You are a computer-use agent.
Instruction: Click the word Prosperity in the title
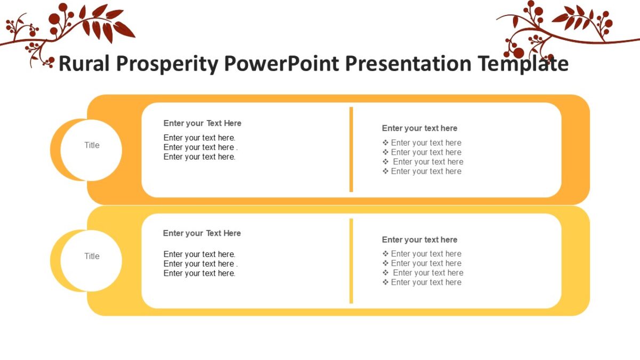(x=167, y=64)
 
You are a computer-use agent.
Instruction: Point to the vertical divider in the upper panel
(x=351, y=149)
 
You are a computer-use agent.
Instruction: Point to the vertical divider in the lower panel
(x=351, y=261)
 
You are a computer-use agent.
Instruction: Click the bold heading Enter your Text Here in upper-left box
(x=202, y=123)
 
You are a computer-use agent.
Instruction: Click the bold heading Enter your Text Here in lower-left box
(x=202, y=233)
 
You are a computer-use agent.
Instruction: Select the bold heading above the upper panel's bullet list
(x=419, y=128)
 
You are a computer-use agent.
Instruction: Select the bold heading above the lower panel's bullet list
(x=419, y=239)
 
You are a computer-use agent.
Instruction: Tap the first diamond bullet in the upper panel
(x=386, y=142)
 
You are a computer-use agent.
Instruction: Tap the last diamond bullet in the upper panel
(x=386, y=171)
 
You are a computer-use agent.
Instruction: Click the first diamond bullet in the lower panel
(x=386, y=254)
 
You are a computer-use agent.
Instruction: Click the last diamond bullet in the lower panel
(x=386, y=283)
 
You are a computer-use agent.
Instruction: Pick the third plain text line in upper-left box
(x=199, y=157)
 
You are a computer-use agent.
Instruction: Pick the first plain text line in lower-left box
(x=199, y=254)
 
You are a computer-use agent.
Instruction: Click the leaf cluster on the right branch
(x=576, y=19)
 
